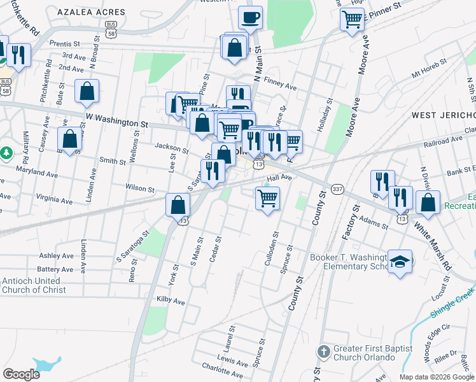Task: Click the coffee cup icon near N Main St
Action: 250,18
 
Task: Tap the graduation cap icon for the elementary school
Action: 400,261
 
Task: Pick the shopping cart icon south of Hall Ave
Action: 267,198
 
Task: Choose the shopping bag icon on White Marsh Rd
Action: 428,202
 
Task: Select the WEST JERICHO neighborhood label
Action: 444,115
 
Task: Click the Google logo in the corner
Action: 20,374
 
